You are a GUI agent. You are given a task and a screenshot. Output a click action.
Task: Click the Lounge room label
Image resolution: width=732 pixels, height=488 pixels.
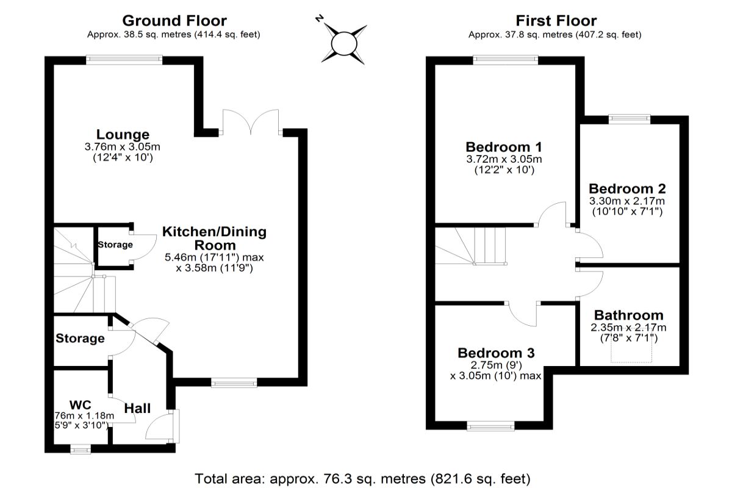click(x=123, y=134)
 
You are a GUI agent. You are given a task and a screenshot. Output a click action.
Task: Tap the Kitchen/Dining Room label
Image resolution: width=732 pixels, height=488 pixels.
click(x=214, y=239)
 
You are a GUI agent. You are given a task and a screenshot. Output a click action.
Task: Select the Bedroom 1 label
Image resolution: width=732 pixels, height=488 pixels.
click(x=504, y=147)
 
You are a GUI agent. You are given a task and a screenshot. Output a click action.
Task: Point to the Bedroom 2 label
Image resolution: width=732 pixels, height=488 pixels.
click(x=626, y=188)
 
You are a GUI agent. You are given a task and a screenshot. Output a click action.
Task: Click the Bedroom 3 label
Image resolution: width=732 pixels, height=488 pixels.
click(x=496, y=353)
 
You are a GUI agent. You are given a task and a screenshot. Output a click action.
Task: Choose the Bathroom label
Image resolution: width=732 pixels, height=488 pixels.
click(x=628, y=315)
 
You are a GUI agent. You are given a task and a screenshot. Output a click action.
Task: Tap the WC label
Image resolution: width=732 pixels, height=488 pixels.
click(x=80, y=404)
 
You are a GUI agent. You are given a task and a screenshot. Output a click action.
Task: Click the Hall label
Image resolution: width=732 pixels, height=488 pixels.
click(x=137, y=408)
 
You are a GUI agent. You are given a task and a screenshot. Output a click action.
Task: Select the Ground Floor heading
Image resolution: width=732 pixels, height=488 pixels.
click(x=174, y=21)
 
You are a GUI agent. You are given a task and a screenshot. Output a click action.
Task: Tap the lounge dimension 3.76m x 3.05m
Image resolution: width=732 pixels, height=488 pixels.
click(x=123, y=147)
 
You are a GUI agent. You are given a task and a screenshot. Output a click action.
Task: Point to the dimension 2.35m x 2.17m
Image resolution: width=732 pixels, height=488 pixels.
click(x=628, y=328)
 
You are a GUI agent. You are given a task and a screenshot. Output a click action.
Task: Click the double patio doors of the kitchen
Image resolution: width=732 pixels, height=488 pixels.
click(x=251, y=122)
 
